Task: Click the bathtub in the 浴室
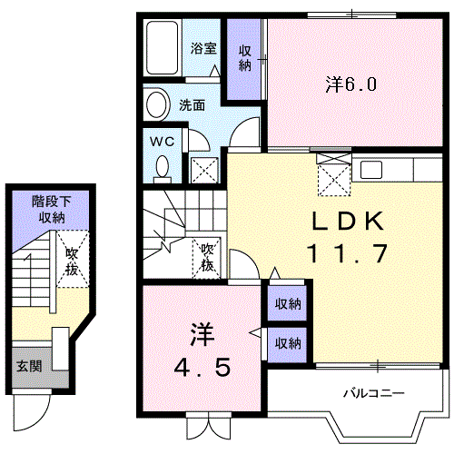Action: coord(162,47)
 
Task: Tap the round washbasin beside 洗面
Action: coord(156,104)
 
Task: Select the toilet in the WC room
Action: coord(163,169)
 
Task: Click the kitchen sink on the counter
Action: coord(371,170)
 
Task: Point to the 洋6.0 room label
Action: coord(351,84)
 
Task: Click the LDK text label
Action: coord(348,221)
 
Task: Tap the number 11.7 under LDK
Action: coord(347,253)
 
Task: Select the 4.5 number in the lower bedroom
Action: coord(202,366)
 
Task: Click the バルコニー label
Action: coord(374,393)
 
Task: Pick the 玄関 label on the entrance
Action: coord(29,367)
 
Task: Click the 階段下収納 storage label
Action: coord(52,210)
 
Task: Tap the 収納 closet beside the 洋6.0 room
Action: coord(244,58)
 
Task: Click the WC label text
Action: coord(163,142)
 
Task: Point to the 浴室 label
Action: coord(203,48)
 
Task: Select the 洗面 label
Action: coord(192,105)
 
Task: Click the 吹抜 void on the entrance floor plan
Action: coord(72,259)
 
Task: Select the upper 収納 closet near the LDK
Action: coord(288,303)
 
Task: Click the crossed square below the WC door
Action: coord(204,170)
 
